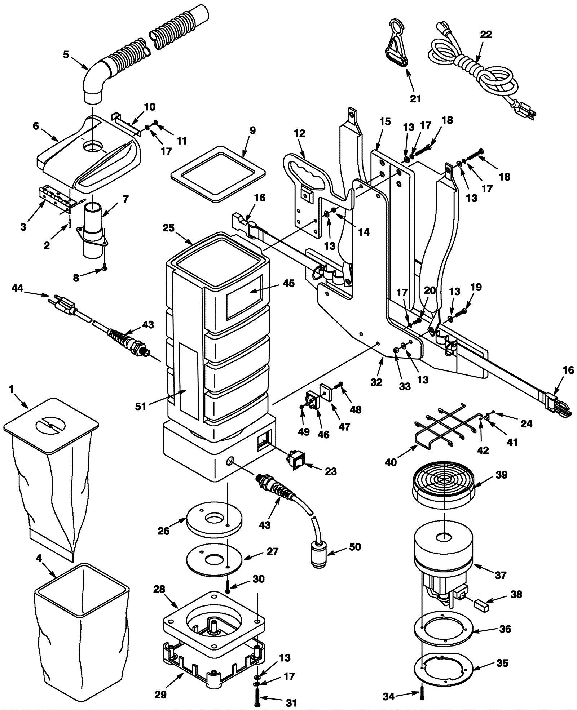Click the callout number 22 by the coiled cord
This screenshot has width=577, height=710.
pos(486,35)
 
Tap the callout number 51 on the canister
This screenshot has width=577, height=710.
pos(140,406)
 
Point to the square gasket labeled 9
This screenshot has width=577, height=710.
pos(217,173)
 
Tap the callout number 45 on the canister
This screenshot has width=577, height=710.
pos(288,283)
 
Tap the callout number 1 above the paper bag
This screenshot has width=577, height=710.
pos(12,389)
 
